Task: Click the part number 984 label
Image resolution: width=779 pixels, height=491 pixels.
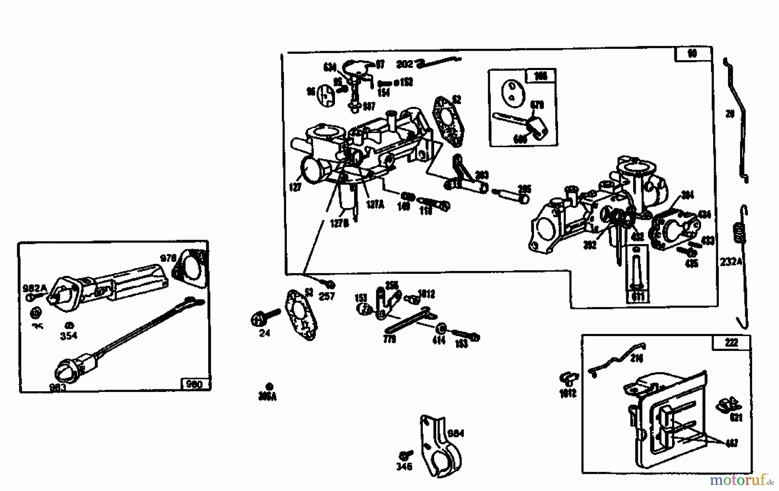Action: pos(455,433)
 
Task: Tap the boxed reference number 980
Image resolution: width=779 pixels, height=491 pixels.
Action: pos(193,384)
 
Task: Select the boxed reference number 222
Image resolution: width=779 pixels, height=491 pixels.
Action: pos(731,343)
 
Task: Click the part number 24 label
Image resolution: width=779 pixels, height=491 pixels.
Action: pos(264,333)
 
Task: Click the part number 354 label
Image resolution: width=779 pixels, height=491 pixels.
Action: pos(69,335)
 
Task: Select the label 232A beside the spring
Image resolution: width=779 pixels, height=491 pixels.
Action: pos(731,262)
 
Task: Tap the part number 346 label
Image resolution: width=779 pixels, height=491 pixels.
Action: pos(404,466)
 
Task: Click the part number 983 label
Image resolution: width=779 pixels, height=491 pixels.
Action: pos(57,387)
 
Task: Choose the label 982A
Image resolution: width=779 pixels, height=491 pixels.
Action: pos(34,288)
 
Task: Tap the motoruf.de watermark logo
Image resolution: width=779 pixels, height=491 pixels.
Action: pos(741,480)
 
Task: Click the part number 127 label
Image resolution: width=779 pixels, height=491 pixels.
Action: pos(295,187)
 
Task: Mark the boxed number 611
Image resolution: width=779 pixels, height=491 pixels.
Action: pos(637,297)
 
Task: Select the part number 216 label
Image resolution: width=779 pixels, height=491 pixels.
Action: pos(637,358)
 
